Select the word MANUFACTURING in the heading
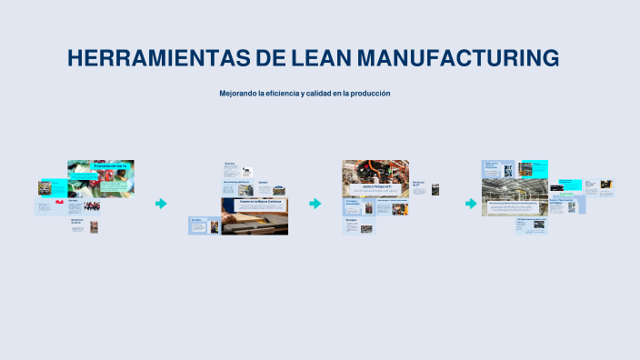point(457,58)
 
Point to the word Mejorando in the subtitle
point(237,94)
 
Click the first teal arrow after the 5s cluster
point(161,204)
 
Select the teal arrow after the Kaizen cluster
point(315,204)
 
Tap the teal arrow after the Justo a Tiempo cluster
point(470,204)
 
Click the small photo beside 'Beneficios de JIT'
point(435,189)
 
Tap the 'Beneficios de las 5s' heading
point(77,221)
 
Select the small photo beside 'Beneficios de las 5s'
point(94,226)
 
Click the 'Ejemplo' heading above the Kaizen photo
point(263,182)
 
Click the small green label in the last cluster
point(565,194)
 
